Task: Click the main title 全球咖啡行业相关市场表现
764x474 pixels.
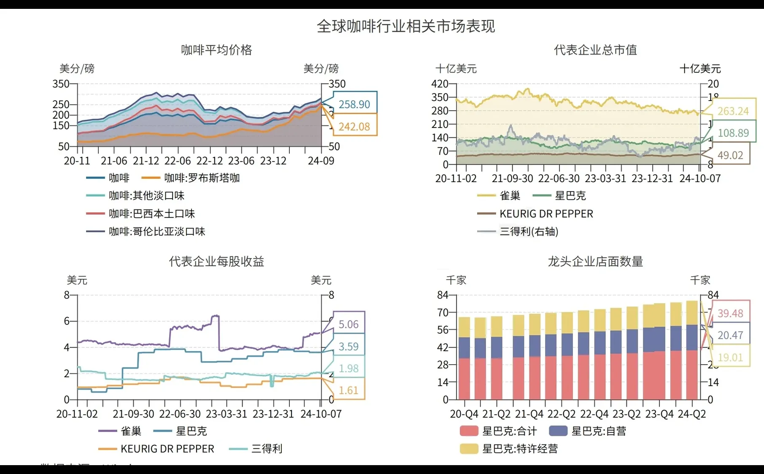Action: click(405, 26)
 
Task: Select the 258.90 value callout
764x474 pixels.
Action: click(354, 104)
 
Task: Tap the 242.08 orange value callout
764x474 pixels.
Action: click(354, 126)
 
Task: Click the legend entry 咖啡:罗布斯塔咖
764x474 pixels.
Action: click(202, 178)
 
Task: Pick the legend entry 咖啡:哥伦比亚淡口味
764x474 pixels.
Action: click(157, 232)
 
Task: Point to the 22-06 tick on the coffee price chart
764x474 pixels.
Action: click(178, 161)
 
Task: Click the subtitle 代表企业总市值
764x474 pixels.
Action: click(595, 50)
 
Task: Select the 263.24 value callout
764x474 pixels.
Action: click(733, 111)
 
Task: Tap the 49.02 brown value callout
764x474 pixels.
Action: click(730, 155)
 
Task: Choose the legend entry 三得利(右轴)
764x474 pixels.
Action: click(529, 232)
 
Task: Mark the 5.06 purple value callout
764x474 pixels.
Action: click(348, 324)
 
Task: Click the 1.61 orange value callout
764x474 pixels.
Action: click(348, 390)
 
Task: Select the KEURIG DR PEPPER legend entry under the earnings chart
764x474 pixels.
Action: click(167, 449)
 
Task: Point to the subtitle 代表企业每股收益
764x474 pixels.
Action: click(216, 262)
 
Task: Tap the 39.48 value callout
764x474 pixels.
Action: click(730, 313)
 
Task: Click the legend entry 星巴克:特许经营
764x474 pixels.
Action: click(519, 449)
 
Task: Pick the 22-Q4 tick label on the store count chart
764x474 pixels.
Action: click(594, 414)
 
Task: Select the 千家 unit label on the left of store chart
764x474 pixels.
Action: click(456, 280)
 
